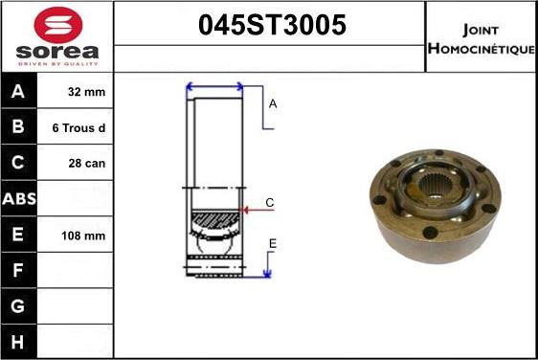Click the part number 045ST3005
[271, 26]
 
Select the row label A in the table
[19, 92]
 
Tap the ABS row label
[19, 199]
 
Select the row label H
[19, 342]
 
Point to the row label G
[19, 306]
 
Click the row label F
[19, 271]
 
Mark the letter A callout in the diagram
[273, 103]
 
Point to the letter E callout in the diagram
[272, 245]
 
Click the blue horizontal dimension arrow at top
[214, 87]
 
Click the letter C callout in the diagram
[270, 203]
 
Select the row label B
[19, 127]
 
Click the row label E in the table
[19, 236]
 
